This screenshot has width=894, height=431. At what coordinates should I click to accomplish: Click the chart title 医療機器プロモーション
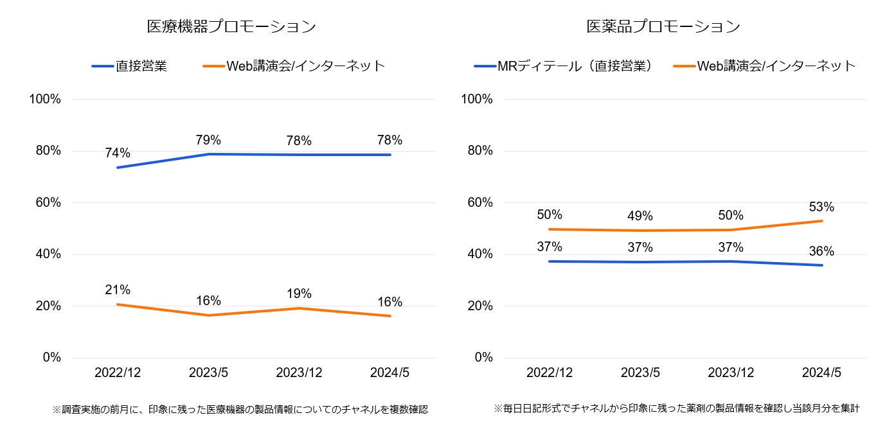click(232, 27)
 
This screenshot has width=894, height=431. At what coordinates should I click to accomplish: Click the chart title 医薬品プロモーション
click(663, 27)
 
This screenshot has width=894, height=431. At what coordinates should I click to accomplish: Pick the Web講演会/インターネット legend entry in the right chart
click(776, 66)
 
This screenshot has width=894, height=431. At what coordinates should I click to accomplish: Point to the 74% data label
click(118, 154)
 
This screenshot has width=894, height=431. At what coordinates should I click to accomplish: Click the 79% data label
click(209, 140)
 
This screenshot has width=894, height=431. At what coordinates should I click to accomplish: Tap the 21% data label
click(118, 290)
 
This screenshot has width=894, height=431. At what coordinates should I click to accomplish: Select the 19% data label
click(299, 294)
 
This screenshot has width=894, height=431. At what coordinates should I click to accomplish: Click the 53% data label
click(821, 207)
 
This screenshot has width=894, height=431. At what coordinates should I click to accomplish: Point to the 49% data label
click(640, 216)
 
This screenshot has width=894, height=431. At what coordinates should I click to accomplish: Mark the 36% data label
click(821, 251)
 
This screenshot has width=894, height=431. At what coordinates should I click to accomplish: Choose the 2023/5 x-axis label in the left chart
click(209, 373)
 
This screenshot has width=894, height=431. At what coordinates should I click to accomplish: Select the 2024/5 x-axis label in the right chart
click(821, 373)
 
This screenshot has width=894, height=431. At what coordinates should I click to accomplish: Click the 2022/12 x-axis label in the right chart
click(550, 373)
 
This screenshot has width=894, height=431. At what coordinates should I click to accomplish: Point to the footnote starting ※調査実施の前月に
click(240, 409)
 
